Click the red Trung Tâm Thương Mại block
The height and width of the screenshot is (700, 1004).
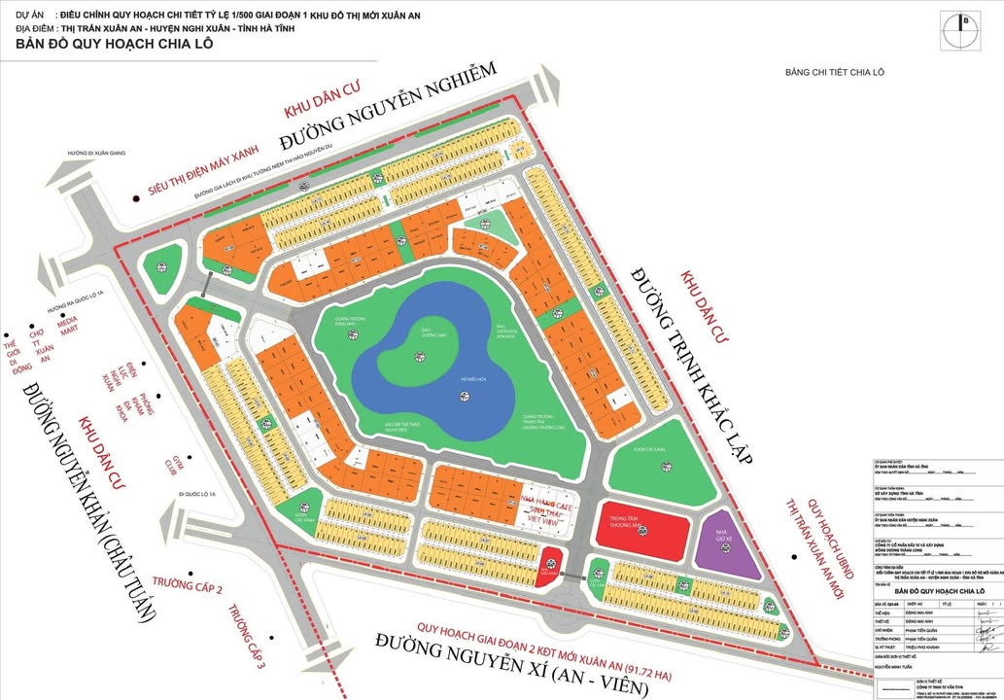645,529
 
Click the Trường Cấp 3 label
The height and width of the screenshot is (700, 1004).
247,637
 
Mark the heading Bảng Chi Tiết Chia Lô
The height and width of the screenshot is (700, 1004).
835,72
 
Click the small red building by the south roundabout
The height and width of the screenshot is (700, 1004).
550,561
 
